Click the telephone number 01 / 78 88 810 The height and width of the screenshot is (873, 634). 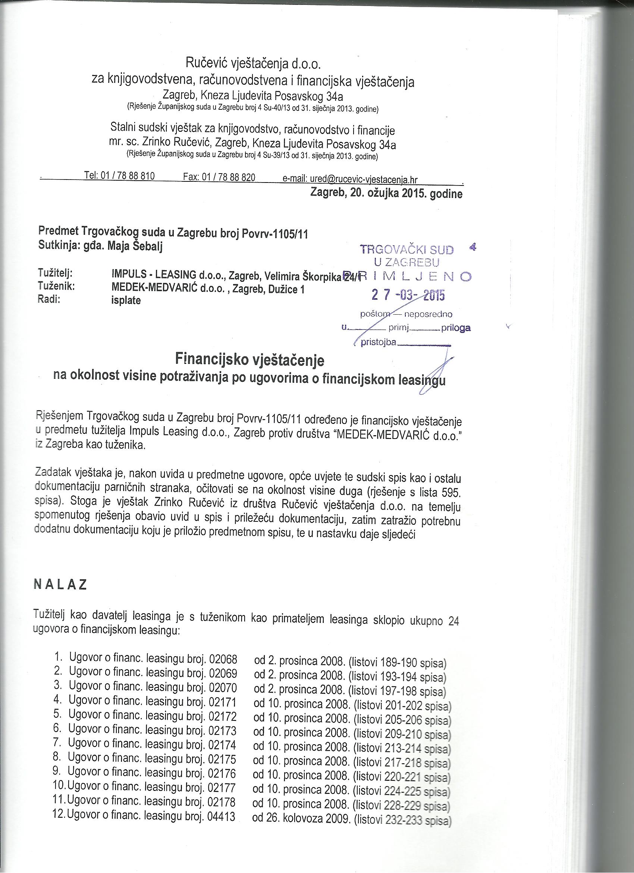[127, 177]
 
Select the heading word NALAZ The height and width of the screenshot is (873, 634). [60, 585]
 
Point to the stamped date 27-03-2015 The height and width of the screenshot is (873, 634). [408, 295]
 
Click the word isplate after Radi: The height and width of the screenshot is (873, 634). [126, 300]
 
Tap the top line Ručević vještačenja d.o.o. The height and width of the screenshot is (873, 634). [253, 63]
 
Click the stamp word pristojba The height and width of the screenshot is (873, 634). [378, 342]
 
